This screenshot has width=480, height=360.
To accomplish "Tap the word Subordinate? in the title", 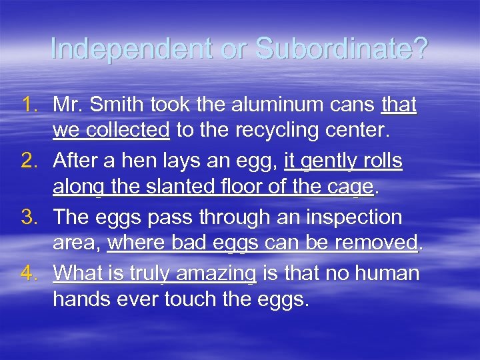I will [341, 49].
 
